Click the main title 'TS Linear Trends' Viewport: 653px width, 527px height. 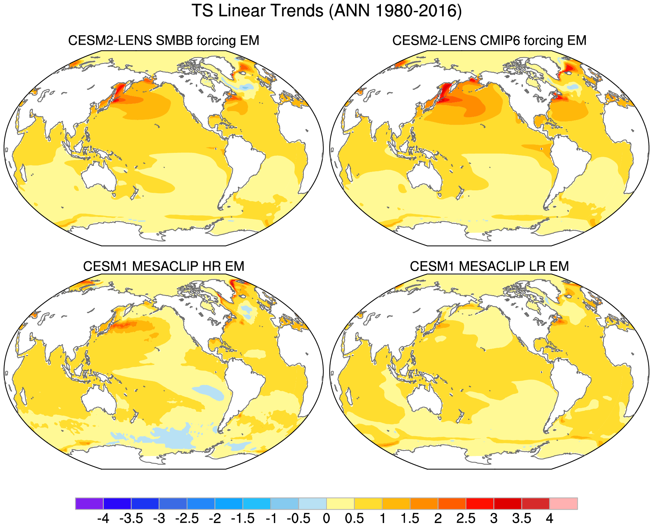coord(258,11)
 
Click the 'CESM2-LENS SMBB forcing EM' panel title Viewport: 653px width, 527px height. coord(164,40)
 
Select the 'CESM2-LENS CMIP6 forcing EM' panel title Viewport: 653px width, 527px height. coord(489,40)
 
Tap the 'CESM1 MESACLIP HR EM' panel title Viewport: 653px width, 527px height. coord(164,266)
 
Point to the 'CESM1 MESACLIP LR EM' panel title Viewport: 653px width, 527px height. coord(489,266)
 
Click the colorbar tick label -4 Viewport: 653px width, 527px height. coord(103,519)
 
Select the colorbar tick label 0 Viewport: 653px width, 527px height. coord(326,519)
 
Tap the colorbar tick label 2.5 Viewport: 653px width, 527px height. coord(466,519)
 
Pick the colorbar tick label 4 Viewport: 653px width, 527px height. coord(549,519)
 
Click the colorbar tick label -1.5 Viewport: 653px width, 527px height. coord(243,519)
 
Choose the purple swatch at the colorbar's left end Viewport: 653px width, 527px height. coord(89,503)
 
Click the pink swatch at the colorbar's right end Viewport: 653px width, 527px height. coord(563,503)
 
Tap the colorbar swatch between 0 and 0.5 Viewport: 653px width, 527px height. coord(341,503)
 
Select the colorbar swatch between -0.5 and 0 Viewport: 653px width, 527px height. coord(312,503)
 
